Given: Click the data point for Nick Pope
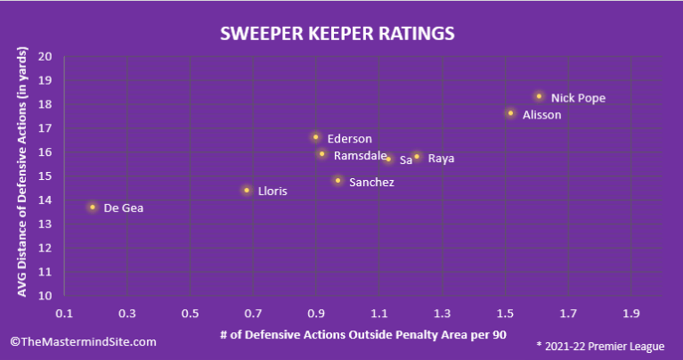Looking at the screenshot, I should [x=539, y=96].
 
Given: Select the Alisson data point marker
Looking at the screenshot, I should [x=510, y=113].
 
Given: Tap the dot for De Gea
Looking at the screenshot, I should [x=92, y=207].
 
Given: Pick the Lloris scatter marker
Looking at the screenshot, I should [x=247, y=190].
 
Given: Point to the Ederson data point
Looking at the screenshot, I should [x=315, y=137].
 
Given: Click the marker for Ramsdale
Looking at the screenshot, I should [x=321, y=154].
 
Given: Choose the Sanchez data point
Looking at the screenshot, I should [x=337, y=181].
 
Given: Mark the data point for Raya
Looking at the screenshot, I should [x=417, y=157].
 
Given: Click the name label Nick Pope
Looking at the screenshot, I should [x=578, y=98].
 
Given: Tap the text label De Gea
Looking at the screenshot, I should [x=123, y=209].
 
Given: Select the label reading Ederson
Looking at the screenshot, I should [x=349, y=139].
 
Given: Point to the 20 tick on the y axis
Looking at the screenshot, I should [x=45, y=56].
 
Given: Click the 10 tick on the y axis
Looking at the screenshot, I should [x=45, y=296].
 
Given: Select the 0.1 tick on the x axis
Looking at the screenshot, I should [x=64, y=315].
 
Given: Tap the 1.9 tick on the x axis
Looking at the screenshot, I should [x=631, y=315].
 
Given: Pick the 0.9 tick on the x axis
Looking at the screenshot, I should [x=316, y=315].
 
